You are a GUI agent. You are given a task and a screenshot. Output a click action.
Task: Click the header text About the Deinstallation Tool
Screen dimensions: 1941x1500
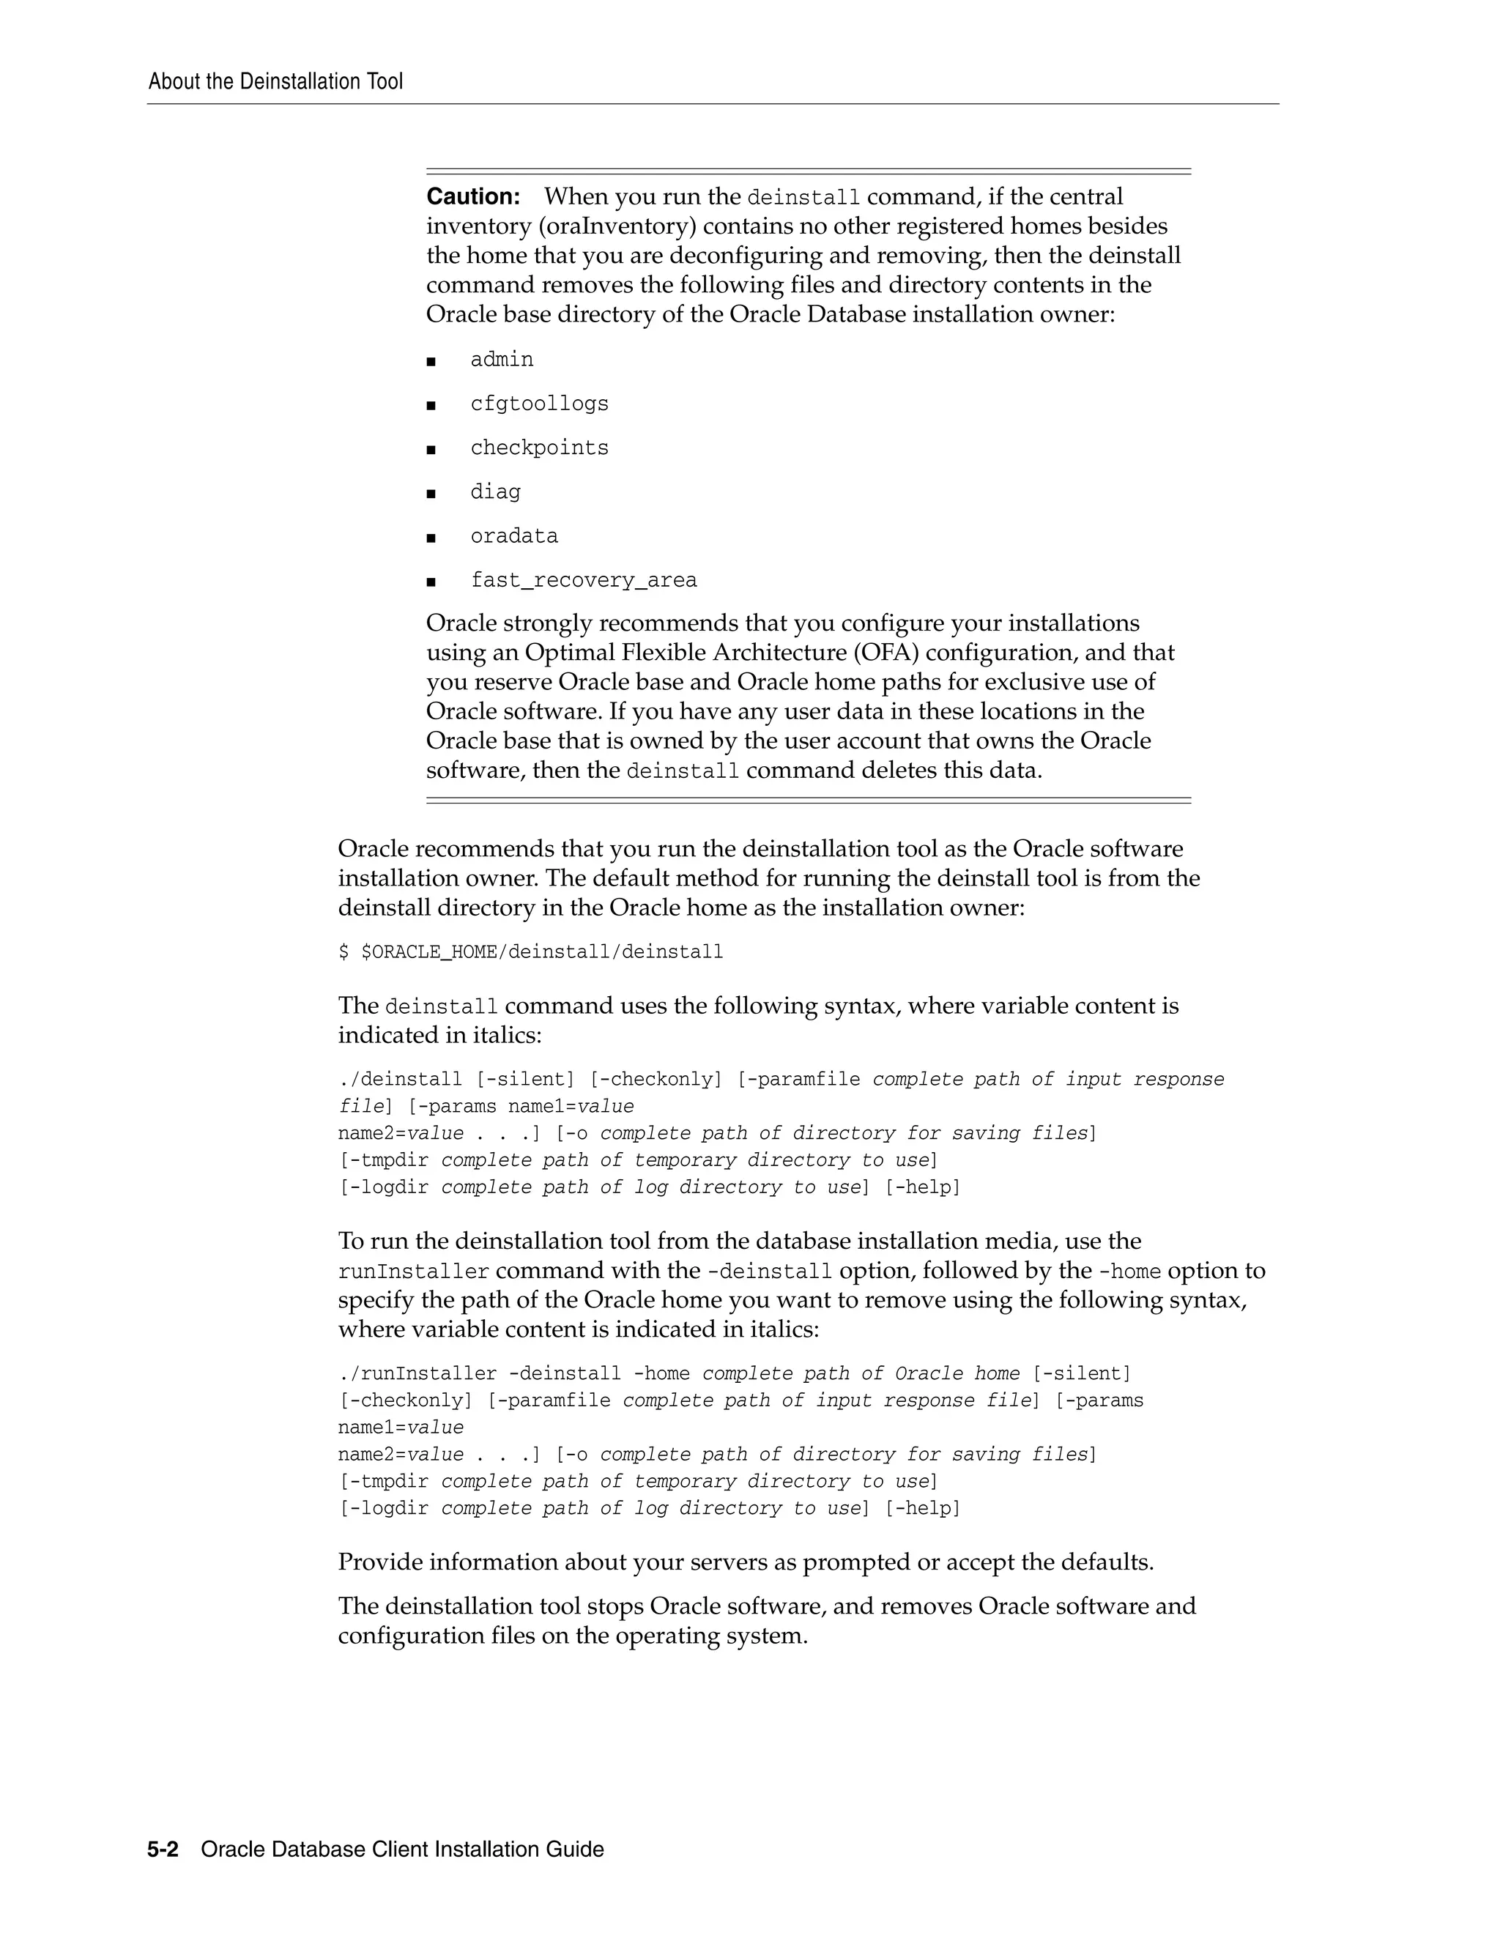coord(275,82)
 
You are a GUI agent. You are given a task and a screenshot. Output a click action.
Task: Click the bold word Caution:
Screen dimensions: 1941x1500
coord(472,196)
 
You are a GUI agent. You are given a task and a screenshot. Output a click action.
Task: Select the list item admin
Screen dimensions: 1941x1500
coord(502,360)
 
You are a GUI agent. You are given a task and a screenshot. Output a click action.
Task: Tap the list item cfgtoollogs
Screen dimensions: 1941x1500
coord(539,404)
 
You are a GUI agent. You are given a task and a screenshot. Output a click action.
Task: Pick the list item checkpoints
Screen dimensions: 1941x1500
coord(539,448)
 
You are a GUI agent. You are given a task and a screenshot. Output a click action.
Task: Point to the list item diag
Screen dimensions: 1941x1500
coord(496,492)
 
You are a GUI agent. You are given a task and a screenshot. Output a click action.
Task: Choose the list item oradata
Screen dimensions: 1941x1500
coord(514,537)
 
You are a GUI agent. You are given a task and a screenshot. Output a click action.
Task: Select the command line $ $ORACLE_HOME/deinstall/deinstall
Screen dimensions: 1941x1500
coord(530,953)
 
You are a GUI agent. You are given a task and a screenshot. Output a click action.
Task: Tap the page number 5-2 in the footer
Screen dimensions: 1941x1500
coord(163,1849)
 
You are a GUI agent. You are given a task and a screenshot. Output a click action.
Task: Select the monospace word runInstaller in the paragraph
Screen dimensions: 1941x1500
coord(413,1272)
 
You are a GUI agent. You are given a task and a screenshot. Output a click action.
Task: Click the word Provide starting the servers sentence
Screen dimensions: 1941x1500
coord(379,1562)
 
